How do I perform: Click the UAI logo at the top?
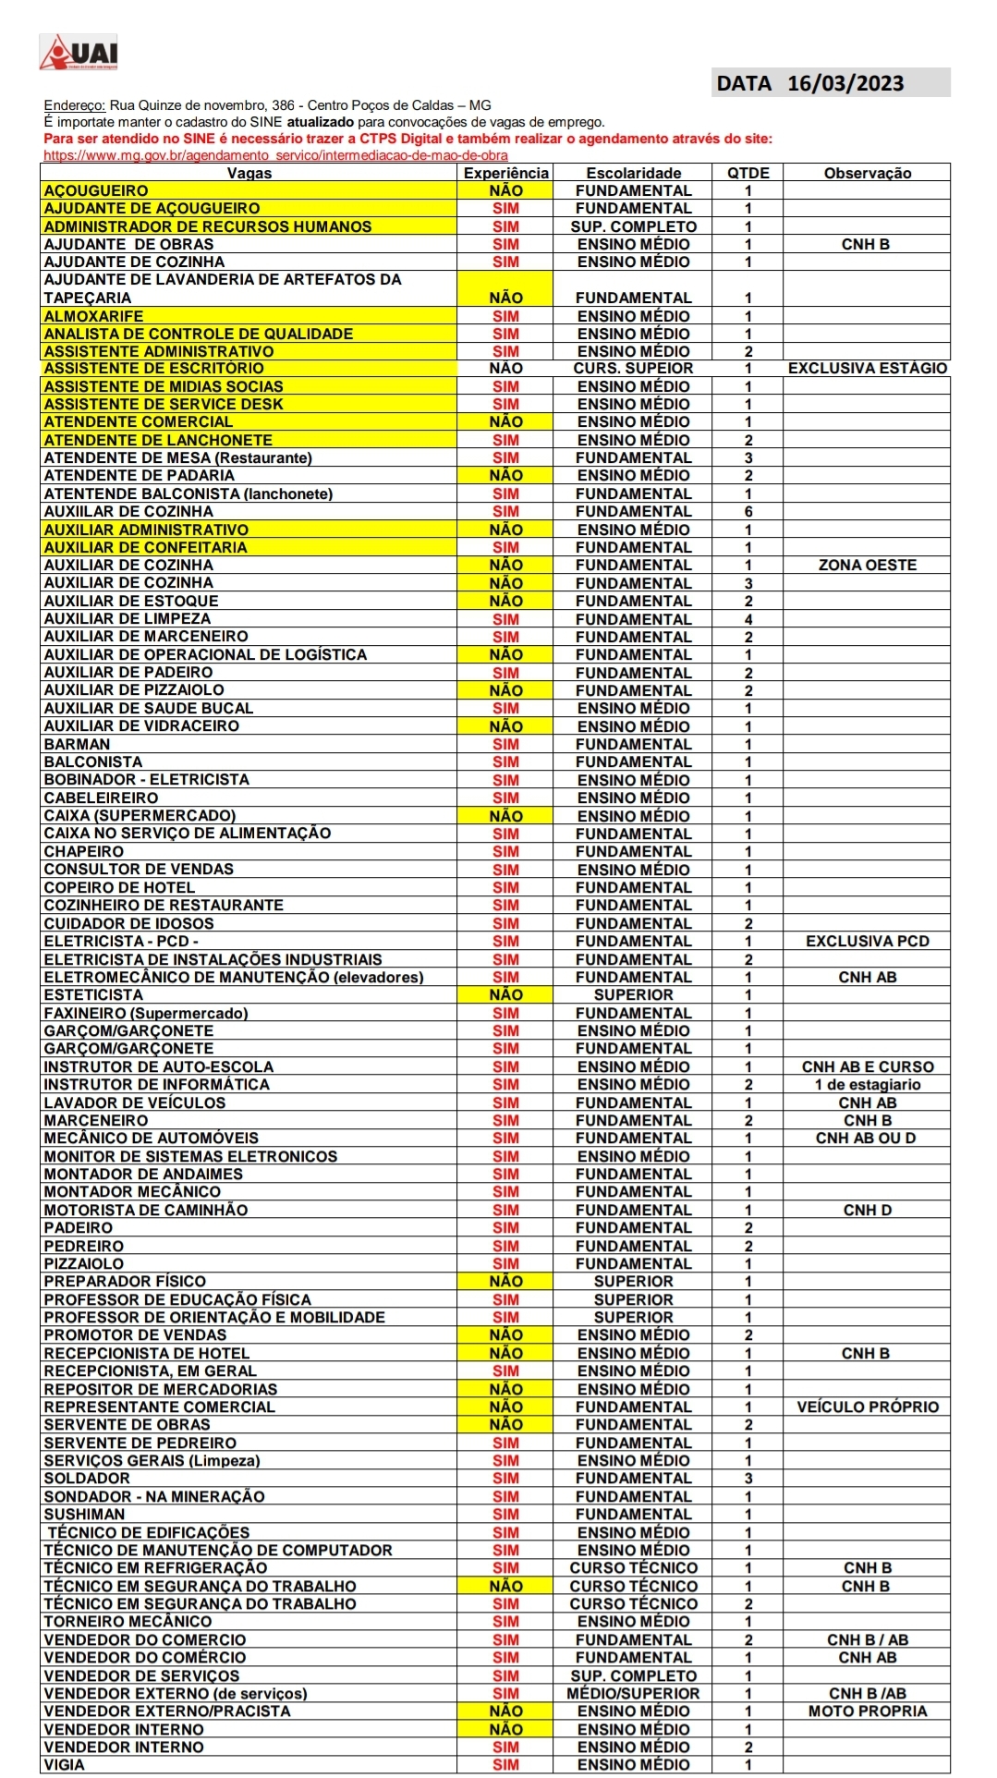(79, 52)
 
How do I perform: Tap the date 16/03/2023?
(845, 83)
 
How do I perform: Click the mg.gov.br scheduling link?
(275, 155)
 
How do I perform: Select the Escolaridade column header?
(633, 173)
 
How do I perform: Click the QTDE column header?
(748, 173)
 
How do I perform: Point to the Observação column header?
(867, 173)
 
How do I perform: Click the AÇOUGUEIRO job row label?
(96, 190)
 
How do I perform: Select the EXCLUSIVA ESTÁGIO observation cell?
(867, 368)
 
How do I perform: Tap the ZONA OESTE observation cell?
(867, 565)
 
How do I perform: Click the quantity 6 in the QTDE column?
(748, 511)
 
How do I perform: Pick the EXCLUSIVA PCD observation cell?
(867, 941)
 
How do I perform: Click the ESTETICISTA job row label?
(93, 994)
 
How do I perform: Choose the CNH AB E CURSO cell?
(867, 1066)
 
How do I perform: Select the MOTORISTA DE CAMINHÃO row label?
(146, 1210)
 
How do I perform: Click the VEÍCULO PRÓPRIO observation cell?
(867, 1407)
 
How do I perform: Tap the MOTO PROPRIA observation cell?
(867, 1711)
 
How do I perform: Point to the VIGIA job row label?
(65, 1764)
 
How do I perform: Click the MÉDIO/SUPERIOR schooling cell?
(633, 1693)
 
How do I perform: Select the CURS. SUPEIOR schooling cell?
(633, 368)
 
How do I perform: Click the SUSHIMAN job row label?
(84, 1514)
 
